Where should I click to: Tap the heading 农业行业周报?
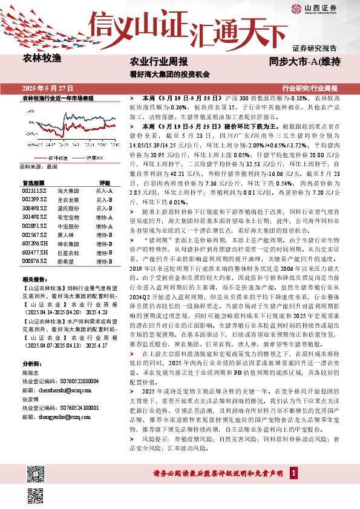(x=159, y=62)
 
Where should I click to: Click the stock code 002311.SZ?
(x=34, y=190)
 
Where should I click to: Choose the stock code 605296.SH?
(x=34, y=243)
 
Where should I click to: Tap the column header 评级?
(x=105, y=182)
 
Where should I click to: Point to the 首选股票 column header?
(x=33, y=182)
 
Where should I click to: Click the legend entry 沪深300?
(x=91, y=157)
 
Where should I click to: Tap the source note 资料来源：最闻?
(x=39, y=165)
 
